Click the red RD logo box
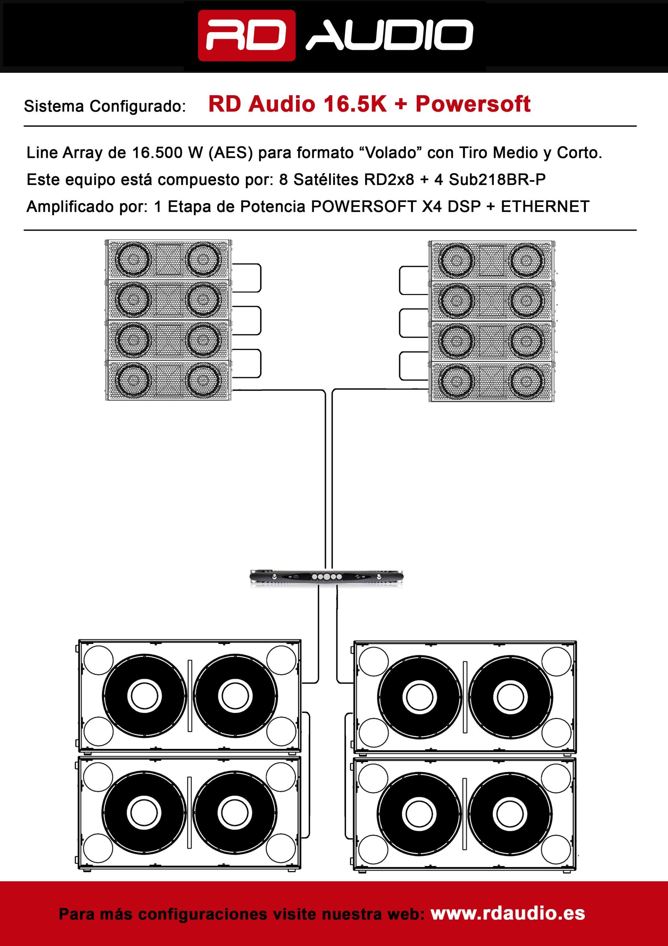pos(247,36)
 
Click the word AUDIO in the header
pos(389,36)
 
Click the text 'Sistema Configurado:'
pos(105,106)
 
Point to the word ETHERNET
pos(545,207)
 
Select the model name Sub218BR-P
pos(497,180)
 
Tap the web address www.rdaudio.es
pos(508,914)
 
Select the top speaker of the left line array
pos(168,259)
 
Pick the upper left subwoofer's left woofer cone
pos(144,696)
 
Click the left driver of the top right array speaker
pos(456,261)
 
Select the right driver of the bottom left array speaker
pos(203,380)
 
